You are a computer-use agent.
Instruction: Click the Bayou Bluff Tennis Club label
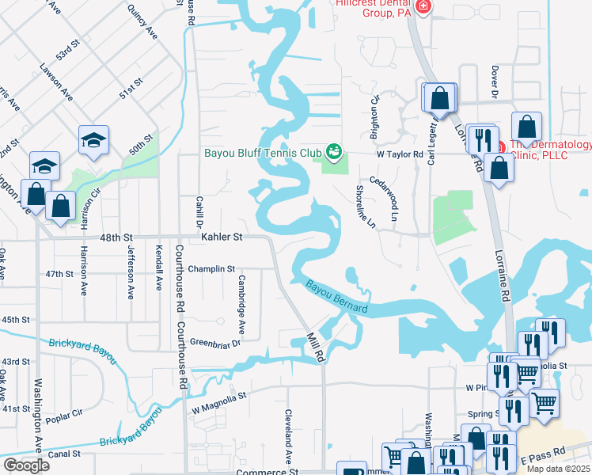(x=262, y=152)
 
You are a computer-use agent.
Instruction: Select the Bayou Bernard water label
(x=337, y=298)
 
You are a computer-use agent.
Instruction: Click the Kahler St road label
(x=221, y=237)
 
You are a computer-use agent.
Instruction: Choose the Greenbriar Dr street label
(x=214, y=342)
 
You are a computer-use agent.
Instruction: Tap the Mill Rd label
(x=317, y=347)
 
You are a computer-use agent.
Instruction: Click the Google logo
(x=26, y=465)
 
